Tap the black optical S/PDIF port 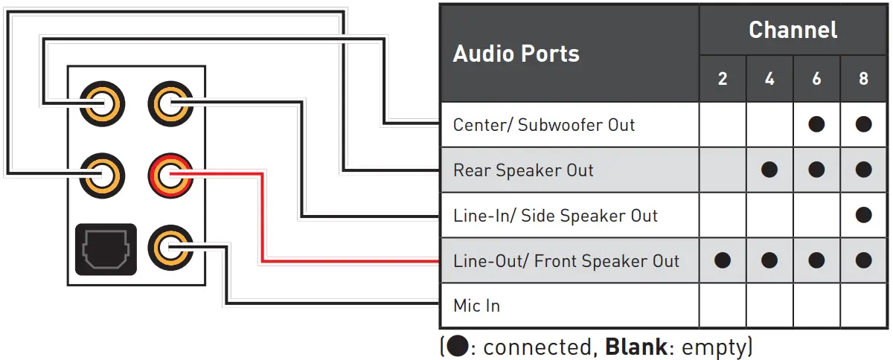[106, 249]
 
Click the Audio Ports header [516, 54]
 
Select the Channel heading [793, 30]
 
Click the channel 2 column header [723, 79]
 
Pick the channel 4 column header [769, 79]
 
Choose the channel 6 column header [816, 79]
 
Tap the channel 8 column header [863, 79]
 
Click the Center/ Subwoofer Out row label [544, 124]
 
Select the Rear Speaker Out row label [523, 170]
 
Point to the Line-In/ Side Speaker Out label [555, 216]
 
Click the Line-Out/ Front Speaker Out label [566, 261]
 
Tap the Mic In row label [476, 306]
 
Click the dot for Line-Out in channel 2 [723, 261]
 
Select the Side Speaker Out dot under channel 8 [863, 216]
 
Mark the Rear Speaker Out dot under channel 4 [769, 170]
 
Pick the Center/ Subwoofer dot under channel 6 [816, 124]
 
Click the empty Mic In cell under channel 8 [863, 306]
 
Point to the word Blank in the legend [630, 347]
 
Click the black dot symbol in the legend [455, 347]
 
